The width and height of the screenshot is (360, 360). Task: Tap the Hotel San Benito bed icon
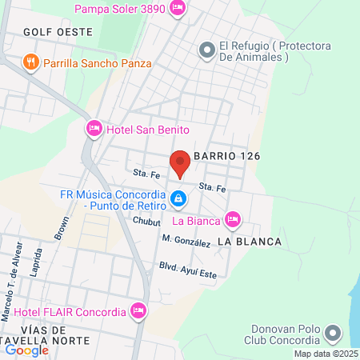point(94,128)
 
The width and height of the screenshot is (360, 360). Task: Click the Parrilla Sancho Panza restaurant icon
point(31,62)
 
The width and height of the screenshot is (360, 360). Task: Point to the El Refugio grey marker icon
point(206,50)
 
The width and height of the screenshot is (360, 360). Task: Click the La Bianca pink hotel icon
point(232,218)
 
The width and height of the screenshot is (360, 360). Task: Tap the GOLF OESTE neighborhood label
point(58,32)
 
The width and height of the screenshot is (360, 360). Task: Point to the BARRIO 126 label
point(228,156)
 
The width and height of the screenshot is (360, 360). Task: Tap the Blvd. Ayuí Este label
point(187,270)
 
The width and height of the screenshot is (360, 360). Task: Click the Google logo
point(26,350)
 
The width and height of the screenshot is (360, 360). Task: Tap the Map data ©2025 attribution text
point(326,354)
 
